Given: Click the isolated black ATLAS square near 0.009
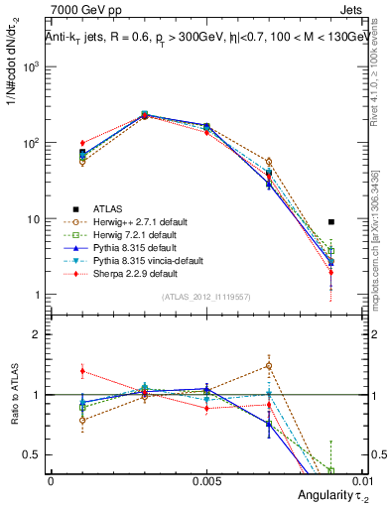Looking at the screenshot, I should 331,222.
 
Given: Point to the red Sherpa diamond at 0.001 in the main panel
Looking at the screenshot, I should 82,144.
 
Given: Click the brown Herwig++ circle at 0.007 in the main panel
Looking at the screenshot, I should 269,161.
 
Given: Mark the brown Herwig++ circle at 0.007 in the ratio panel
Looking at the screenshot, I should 269,365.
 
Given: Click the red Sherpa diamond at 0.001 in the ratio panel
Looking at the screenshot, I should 82,371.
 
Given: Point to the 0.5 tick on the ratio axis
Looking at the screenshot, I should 40,454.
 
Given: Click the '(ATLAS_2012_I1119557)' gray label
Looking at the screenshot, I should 206,298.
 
